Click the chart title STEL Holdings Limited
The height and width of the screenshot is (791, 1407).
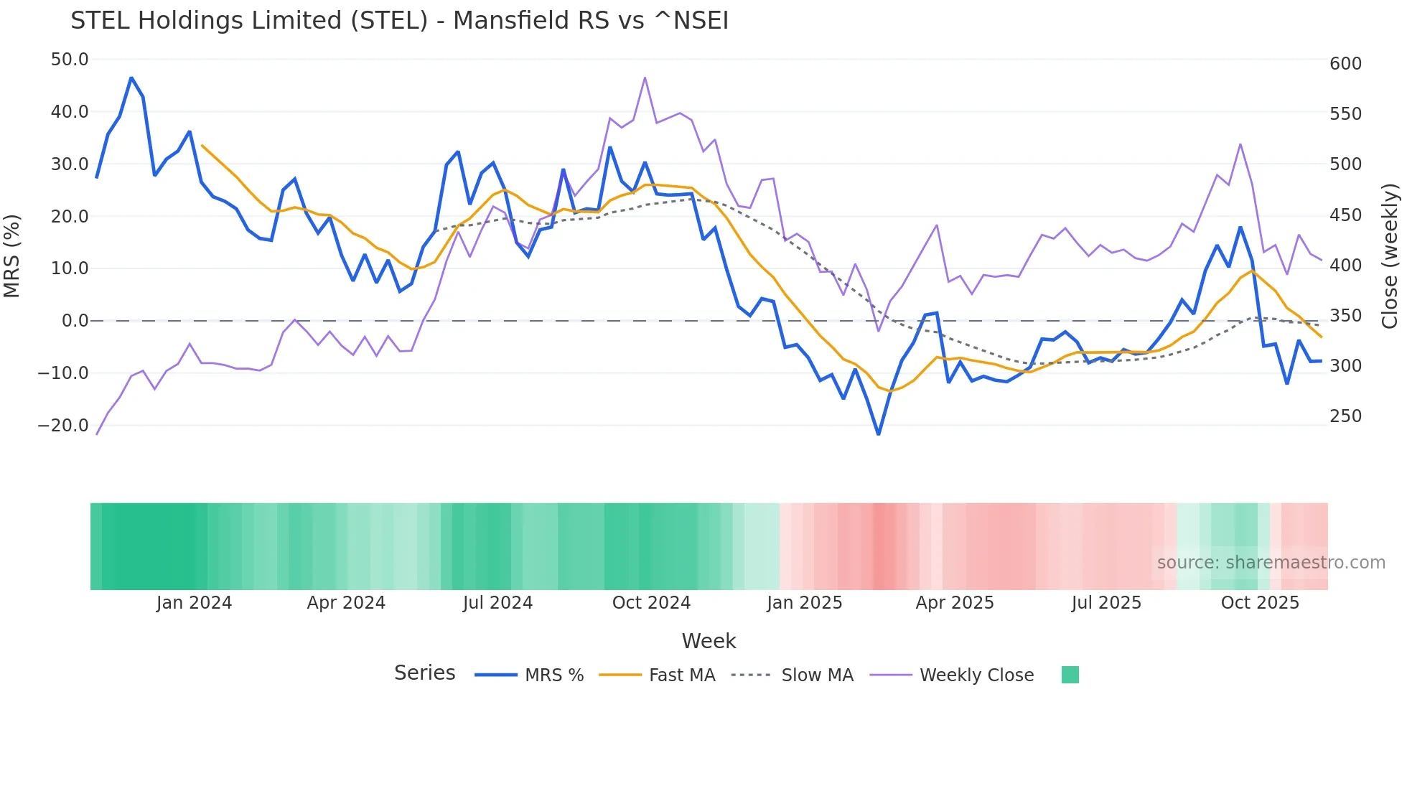(x=399, y=21)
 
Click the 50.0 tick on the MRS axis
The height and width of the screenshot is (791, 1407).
(x=70, y=60)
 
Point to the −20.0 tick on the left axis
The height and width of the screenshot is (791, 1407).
(x=63, y=426)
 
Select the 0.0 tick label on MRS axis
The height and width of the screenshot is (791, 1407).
(x=75, y=321)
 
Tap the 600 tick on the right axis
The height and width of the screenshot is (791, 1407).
(x=1345, y=64)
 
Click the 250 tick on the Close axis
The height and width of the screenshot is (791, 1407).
(x=1345, y=416)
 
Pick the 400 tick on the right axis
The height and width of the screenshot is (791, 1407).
(x=1345, y=266)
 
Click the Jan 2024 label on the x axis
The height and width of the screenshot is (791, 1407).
(x=194, y=603)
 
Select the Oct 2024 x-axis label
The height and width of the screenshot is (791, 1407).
(x=651, y=603)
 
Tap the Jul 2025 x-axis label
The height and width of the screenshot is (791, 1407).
(x=1106, y=603)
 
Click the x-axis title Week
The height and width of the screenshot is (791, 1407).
(x=709, y=641)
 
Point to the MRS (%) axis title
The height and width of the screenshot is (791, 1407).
(x=11, y=256)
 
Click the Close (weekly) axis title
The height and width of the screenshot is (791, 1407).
(x=1390, y=256)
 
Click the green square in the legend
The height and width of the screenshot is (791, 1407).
(x=1070, y=675)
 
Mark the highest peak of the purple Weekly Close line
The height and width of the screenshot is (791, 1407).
(x=645, y=78)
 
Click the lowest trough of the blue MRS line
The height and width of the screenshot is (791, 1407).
(x=878, y=434)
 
